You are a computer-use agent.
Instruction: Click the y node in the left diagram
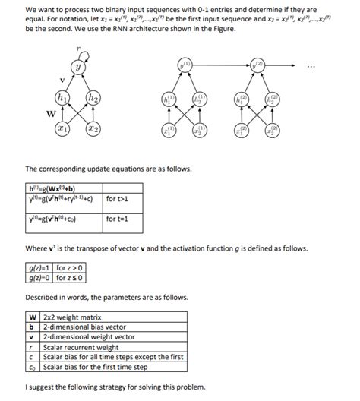pyautogui.click(x=77, y=67)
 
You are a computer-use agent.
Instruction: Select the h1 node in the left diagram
pyautogui.click(x=60, y=97)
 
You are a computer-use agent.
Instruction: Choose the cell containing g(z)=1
pyautogui.click(x=39, y=267)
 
